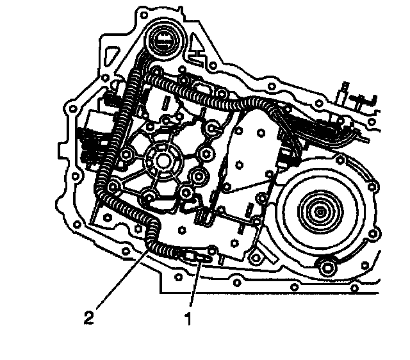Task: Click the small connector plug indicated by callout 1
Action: [195, 258]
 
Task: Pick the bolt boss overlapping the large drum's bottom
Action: [328, 265]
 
